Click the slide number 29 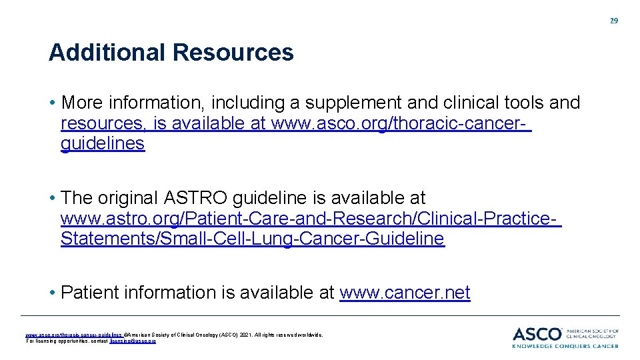614,21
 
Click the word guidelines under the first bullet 103,143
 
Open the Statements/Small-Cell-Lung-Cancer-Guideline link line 252,239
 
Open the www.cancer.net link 405,293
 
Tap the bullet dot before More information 52,103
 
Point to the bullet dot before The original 52,199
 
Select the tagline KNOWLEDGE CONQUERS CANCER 565,346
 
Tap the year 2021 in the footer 248,335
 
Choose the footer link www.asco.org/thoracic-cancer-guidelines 73,335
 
